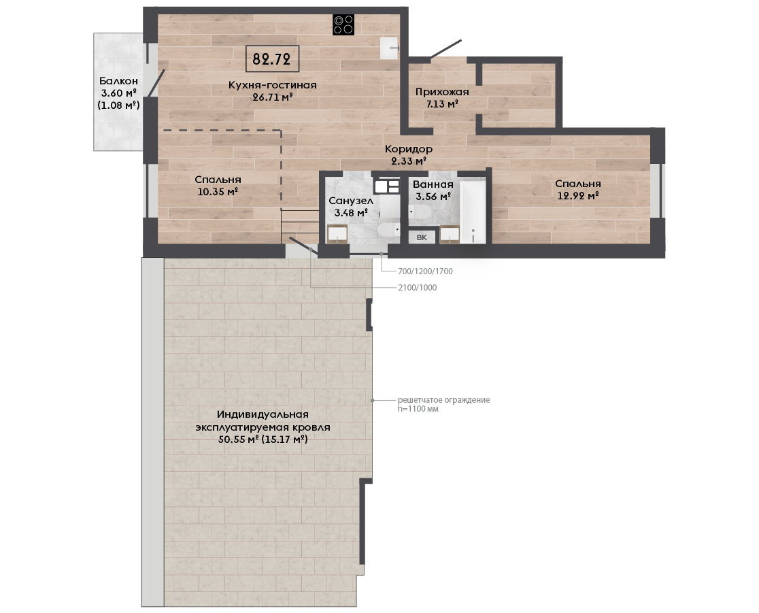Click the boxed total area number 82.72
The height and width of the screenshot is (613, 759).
[271, 59]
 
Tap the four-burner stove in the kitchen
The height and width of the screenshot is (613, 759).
[343, 24]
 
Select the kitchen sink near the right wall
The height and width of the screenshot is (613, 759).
[389, 48]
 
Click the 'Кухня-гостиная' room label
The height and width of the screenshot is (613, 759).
[273, 85]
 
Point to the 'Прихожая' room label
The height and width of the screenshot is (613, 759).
[442, 92]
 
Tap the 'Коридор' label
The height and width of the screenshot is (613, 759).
[409, 149]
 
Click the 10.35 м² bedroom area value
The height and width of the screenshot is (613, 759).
[218, 192]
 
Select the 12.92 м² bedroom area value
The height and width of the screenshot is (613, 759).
[578, 196]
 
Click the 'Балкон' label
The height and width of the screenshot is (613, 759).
[118, 81]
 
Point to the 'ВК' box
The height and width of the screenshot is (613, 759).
[422, 237]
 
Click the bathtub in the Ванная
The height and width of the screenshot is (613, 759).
[473, 212]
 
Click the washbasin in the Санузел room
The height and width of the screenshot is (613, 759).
[337, 234]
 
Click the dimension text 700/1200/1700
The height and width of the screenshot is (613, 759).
[425, 271]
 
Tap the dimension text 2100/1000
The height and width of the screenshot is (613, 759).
[418, 288]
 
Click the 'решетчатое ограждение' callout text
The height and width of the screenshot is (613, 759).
[444, 400]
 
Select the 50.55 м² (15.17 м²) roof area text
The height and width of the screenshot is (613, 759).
[263, 440]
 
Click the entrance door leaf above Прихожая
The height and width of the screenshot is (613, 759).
[446, 50]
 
